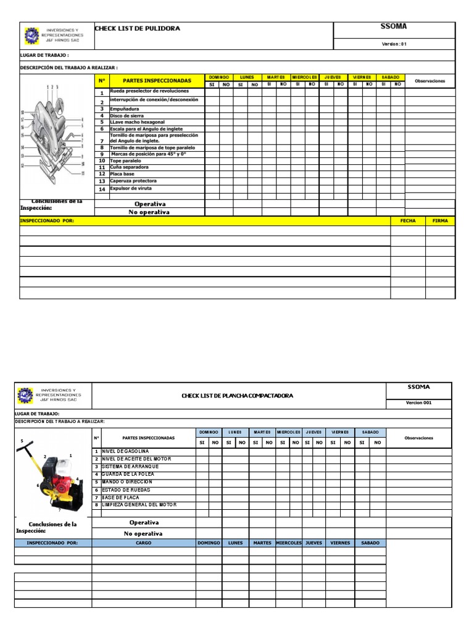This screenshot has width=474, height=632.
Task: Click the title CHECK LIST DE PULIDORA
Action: pos(137,28)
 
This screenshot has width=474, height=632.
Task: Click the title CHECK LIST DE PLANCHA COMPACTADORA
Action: pos(238,396)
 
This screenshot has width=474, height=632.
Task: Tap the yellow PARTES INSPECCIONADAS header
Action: pos(157,81)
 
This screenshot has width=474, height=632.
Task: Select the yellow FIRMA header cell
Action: pos(440,220)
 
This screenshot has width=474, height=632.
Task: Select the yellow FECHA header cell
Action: pos(408,220)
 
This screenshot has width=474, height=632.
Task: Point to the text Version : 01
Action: pos(394,44)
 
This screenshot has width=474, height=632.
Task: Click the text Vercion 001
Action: pos(418,402)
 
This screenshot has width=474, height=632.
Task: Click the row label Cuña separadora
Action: pos(129,167)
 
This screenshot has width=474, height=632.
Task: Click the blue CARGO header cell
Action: pos(143,543)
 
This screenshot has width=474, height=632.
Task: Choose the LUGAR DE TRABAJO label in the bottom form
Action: pos(38,414)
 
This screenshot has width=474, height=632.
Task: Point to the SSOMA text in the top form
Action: pos(394,27)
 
